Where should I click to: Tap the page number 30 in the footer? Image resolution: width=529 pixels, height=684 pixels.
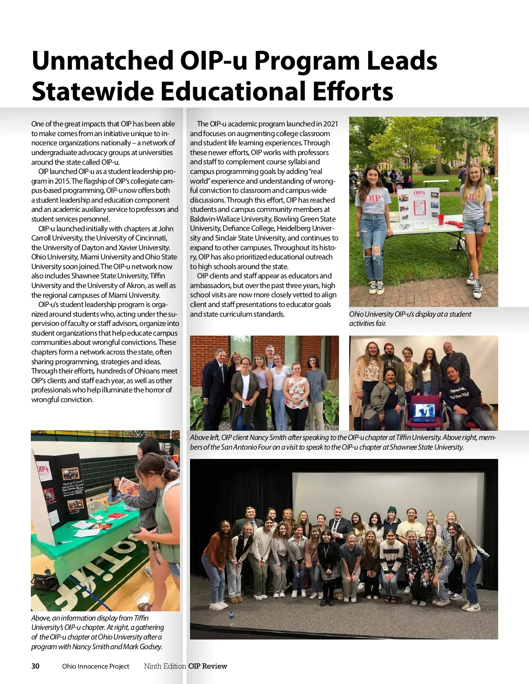pyautogui.click(x=35, y=666)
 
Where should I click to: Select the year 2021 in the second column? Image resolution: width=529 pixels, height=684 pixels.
pyautogui.click(x=330, y=124)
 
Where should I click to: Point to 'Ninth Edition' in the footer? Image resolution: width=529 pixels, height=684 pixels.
pyautogui.click(x=165, y=666)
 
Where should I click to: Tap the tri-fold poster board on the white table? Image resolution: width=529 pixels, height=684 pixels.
pyautogui.click(x=418, y=206)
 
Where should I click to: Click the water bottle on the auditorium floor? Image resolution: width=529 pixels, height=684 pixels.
pyautogui.click(x=231, y=617)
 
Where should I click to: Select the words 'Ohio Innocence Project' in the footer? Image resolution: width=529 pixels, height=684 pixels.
pyautogui.click(x=96, y=666)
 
